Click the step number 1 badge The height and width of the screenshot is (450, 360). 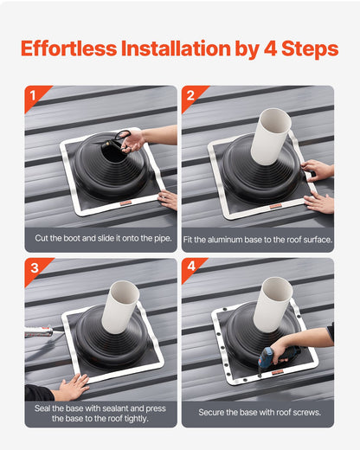tap(33, 95)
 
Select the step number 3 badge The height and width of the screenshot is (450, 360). tap(33, 267)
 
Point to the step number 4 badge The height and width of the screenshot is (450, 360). tap(190, 267)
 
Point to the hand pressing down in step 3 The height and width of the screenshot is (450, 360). tap(71, 387)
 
